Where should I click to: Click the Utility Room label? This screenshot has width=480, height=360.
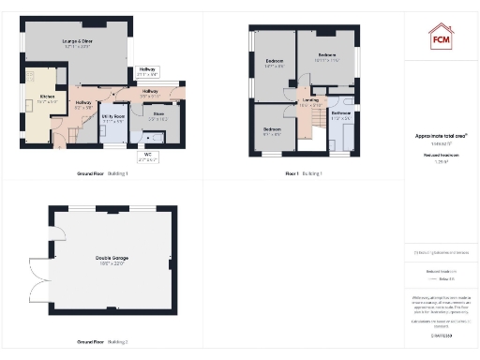[x=112, y=119]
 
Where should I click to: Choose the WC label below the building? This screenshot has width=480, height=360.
[x=148, y=156]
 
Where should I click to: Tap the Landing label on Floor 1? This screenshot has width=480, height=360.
[x=310, y=102]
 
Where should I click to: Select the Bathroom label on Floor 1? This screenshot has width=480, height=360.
[x=340, y=116]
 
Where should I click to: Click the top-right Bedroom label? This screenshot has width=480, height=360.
[x=327, y=57]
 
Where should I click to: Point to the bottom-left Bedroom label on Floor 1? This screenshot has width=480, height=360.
[x=272, y=130]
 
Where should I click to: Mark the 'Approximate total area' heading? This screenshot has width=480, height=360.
[x=441, y=135]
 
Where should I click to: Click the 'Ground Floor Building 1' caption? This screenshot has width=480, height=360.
[x=103, y=174]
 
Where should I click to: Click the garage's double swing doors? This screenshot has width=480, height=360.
[x=40, y=272]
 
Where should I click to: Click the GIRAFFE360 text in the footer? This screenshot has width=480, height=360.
[x=441, y=333]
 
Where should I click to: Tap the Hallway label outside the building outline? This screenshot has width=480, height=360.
[x=147, y=71]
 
